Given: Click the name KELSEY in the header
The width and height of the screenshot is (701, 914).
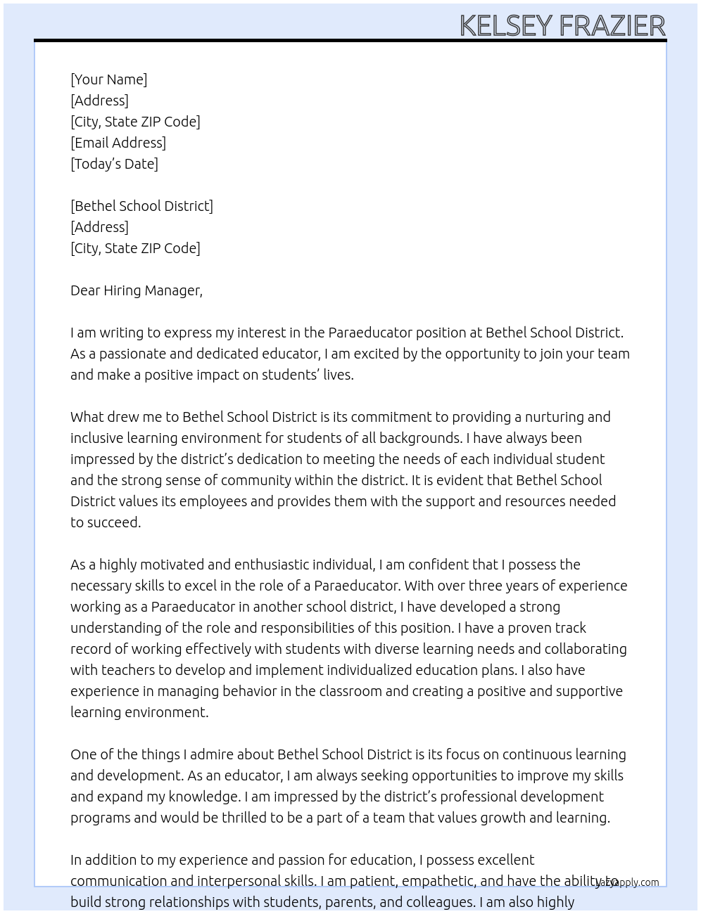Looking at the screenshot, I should click(x=506, y=25).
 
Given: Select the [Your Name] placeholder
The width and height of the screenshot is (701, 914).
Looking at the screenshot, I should click(x=108, y=79).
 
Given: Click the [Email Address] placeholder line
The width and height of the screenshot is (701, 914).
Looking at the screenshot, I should click(x=118, y=143).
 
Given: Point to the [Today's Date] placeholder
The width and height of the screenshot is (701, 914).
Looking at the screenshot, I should click(x=114, y=164).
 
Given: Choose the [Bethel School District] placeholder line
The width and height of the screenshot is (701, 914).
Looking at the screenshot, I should click(x=141, y=206).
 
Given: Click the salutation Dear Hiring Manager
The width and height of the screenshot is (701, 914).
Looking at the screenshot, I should click(x=136, y=290).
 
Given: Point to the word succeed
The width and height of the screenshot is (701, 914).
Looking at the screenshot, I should click(x=114, y=522).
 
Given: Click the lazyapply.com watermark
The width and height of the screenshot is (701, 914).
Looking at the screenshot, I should click(x=628, y=882).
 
